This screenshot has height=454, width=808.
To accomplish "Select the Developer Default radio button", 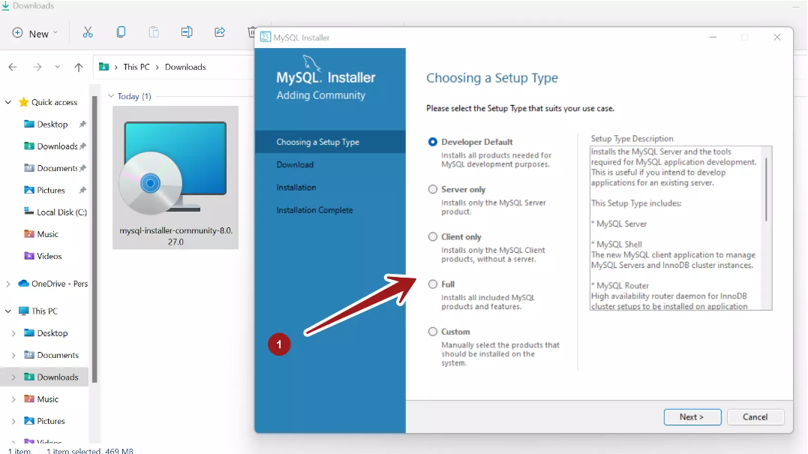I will pos(433,142).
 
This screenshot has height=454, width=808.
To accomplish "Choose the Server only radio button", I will pos(433,189).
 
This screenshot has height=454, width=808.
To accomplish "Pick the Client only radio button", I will pos(433,236).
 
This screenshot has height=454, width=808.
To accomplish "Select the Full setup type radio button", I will pos(433,284).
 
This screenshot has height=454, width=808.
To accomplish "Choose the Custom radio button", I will pos(433,332).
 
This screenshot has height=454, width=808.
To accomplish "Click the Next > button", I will pos(692,417).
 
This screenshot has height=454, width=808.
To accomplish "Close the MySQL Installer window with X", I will pos(778,38).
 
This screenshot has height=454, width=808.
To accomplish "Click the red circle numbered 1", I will pos(279,344).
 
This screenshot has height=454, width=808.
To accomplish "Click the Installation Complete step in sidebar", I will pos(314,210).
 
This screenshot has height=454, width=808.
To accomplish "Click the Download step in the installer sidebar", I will pos(295,164).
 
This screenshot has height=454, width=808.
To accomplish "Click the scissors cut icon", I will pos(88,32).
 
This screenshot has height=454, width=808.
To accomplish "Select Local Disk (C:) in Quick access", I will pos(62,212).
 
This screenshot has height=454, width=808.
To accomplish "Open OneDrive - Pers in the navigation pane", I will pos(59,284).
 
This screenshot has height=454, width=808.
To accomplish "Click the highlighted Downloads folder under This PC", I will pos(57,377).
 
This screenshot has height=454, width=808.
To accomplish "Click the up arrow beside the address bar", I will pos(79,67).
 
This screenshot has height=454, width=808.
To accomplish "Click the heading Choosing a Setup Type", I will pos(492,78).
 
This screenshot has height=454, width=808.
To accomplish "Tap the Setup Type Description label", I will pos(632,139).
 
